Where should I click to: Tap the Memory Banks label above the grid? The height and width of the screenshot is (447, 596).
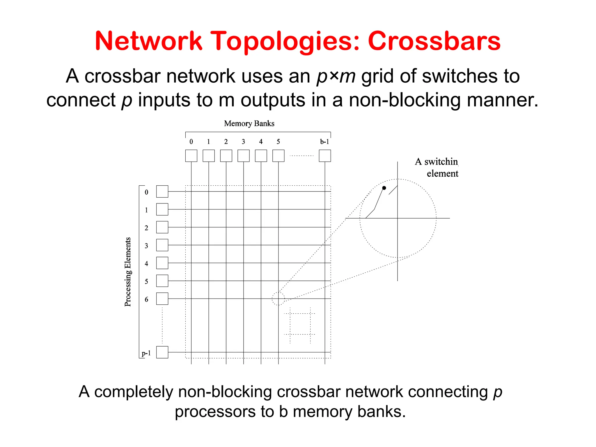pos(249,123)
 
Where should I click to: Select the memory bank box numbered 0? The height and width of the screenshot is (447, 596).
pos(191,156)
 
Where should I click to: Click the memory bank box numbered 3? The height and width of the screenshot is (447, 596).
pos(244,156)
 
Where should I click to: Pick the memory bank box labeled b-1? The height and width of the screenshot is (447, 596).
pos(325,156)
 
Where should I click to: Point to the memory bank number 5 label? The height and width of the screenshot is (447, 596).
pos(278,142)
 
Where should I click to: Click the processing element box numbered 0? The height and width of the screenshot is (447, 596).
pos(162,191)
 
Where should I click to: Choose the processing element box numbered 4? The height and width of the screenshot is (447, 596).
pos(162,263)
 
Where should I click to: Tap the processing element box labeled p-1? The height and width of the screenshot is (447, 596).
pos(162,352)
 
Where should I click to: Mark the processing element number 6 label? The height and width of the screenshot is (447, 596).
pos(146,299)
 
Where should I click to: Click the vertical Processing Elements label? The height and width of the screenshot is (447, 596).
pos(128,272)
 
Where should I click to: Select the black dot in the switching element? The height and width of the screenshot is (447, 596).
pos(384,188)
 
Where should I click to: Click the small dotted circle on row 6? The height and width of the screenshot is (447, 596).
pos(278,299)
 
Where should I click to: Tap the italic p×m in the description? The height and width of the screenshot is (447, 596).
pos(336,77)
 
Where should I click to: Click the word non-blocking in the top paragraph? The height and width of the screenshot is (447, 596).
pos(405,100)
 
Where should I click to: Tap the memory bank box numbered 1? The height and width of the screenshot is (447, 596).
pos(209,156)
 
